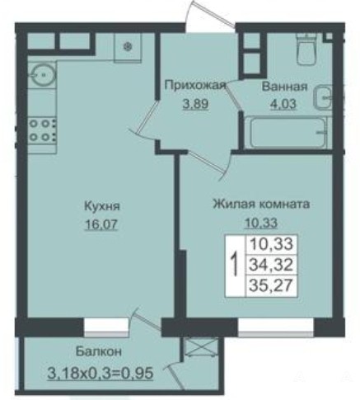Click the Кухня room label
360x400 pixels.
tap(102, 206)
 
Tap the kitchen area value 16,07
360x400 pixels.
tap(101, 225)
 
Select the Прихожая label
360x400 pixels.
tap(194, 86)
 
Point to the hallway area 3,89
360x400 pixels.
tap(196, 104)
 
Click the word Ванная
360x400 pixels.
tap(284, 87)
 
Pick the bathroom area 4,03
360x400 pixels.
tap(283, 104)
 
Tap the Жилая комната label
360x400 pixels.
tap(261, 204)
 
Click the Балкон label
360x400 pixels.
tap(99, 351)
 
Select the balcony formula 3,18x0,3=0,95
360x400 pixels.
tap(100, 373)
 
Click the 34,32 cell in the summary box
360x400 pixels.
tap(271, 265)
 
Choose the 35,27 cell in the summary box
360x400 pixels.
tap(271, 285)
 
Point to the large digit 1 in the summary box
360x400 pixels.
tap(235, 265)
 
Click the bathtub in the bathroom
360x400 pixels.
tap(288, 133)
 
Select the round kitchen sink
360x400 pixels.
tap(43, 73)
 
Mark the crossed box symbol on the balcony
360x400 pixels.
tap(201, 347)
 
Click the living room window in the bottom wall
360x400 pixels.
tap(276, 327)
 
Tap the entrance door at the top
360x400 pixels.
tap(210, 14)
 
